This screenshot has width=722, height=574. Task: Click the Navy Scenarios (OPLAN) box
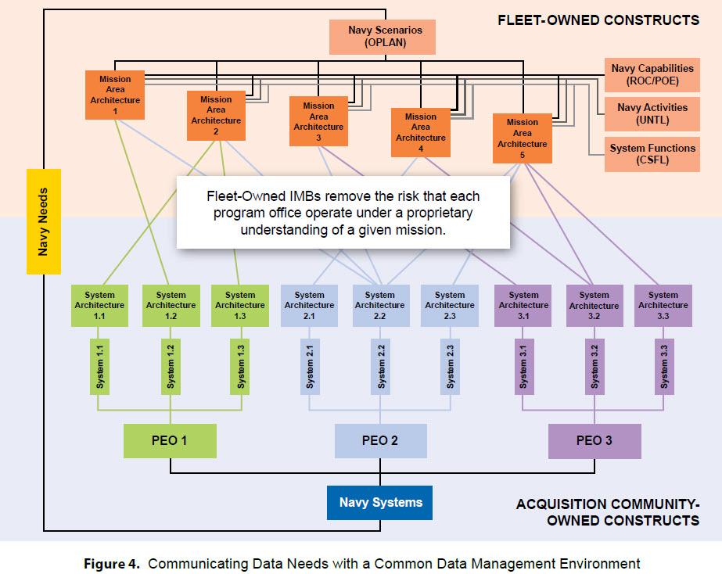[383, 37]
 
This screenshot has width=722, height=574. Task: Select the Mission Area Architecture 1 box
[115, 95]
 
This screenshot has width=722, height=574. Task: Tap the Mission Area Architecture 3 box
[318, 121]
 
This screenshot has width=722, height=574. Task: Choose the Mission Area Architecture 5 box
[523, 138]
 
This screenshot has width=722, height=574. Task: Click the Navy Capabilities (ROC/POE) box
[652, 74]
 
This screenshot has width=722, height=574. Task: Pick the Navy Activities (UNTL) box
[652, 113]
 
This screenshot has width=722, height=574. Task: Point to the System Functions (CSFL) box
[652, 154]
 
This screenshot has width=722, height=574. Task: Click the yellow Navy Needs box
[44, 221]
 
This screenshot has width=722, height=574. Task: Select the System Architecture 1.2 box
[171, 306]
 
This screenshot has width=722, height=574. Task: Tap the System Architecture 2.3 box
[450, 306]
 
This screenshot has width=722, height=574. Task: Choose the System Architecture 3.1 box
[523, 306]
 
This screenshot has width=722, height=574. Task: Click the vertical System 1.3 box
[240, 367]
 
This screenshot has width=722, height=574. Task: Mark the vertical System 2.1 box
[310, 367]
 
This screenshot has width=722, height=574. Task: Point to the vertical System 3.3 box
[664, 367]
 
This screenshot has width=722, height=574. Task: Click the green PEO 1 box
[170, 440]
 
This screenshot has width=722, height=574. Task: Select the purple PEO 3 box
[594, 441]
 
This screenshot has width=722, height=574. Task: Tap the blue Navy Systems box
[380, 503]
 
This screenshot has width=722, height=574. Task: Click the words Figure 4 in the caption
[111, 564]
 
